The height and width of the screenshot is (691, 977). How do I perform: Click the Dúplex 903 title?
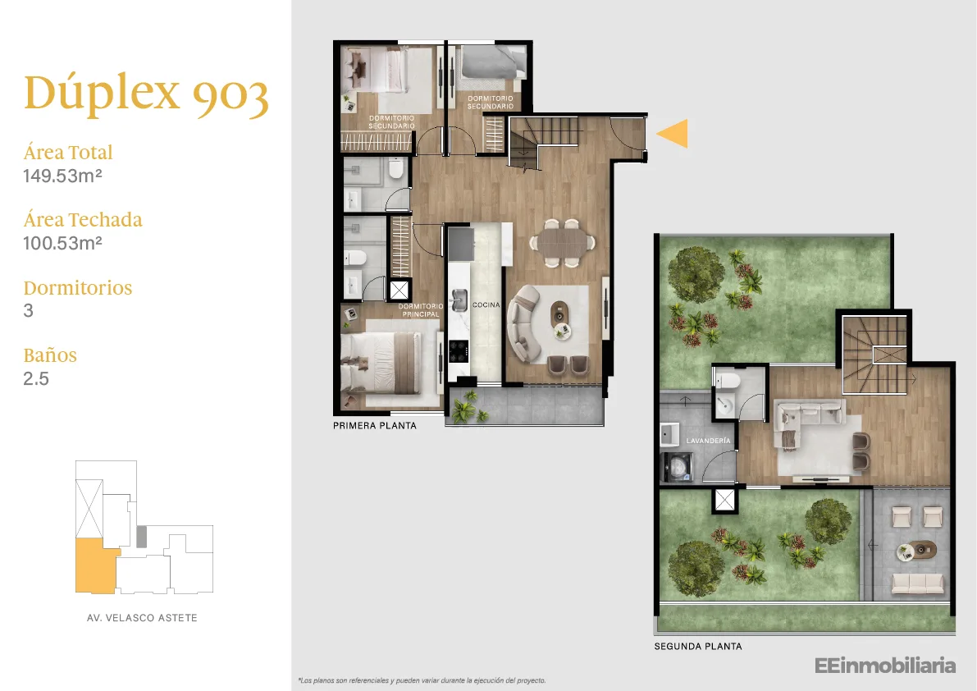click(x=146, y=94)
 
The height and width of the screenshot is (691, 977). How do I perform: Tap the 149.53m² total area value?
click(x=62, y=176)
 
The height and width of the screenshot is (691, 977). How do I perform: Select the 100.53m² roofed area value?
click(x=62, y=243)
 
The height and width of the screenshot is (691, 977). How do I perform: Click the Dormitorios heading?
click(x=78, y=287)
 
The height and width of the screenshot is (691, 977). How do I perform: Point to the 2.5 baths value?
click(x=36, y=378)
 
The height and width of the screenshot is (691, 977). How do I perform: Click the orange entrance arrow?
click(x=673, y=133)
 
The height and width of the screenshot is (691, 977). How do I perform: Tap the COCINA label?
click(x=486, y=304)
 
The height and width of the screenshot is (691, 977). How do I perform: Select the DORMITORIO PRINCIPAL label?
click(x=421, y=310)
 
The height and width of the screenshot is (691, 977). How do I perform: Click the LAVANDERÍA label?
click(x=708, y=441)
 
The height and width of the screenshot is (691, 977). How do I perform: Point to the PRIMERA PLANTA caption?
click(x=374, y=426)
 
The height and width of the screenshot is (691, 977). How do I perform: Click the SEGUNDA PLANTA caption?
click(x=698, y=646)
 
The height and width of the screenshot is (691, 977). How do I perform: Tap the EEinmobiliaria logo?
click(x=885, y=666)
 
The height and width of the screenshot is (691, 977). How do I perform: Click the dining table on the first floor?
click(x=563, y=242)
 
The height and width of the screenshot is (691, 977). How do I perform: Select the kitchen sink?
click(x=459, y=300)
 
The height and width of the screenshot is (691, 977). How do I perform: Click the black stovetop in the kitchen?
click(x=459, y=350)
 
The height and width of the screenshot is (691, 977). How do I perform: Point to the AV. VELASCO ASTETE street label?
click(x=142, y=617)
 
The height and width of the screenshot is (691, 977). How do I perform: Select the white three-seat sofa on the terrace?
click(x=918, y=583)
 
